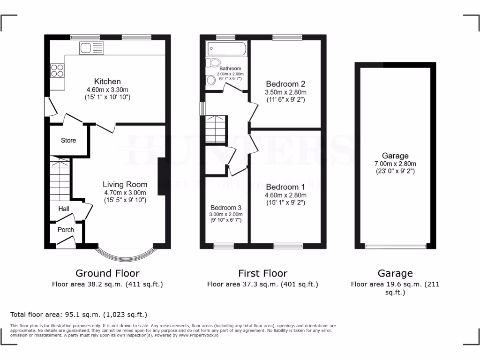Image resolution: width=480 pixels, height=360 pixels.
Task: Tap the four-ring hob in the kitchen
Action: tap(57, 70)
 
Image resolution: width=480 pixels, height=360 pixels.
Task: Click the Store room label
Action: tap(68, 140)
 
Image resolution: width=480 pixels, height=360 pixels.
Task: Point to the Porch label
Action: tap(66, 230)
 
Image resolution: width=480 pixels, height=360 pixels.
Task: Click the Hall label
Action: tap(64, 209)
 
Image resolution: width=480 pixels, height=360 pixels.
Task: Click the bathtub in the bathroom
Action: tap(226, 48)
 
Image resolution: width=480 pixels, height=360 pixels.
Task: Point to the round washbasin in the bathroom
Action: tap(210, 81)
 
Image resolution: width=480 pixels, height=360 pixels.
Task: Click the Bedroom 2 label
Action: tap(285, 84)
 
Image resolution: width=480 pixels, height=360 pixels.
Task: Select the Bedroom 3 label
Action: tap(226, 208)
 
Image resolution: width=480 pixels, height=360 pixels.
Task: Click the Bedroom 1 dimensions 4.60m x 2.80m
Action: tap(285, 195)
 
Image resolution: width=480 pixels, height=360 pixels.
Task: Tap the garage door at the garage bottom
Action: tap(396, 245)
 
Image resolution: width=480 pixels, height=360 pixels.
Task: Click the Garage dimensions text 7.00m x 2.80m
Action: tap(395, 164)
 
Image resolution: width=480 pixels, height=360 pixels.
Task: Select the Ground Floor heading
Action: tap(107, 273)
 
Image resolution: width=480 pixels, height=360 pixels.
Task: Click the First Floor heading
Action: tap(262, 273)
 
